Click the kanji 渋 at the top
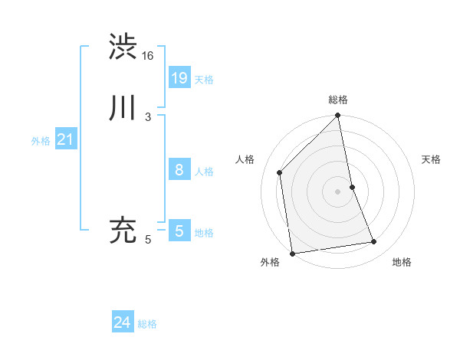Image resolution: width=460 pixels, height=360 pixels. (123, 46)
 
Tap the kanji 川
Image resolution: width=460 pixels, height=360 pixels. (123, 108)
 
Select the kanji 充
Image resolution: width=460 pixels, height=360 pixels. (123, 230)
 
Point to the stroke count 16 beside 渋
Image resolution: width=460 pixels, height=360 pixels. (148, 56)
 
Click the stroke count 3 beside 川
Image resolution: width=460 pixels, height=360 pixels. (147, 117)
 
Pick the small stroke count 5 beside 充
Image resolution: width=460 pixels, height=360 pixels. (148, 240)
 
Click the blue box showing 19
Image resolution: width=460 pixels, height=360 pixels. (179, 77)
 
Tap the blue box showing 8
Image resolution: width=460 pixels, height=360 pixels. (179, 170)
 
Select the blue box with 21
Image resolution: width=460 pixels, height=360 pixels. (65, 139)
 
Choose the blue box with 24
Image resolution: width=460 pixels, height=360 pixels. (123, 322)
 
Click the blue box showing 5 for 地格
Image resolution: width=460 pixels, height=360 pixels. (179, 231)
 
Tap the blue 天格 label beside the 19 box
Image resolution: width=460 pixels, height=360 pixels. (204, 80)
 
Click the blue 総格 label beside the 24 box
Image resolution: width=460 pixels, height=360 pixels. (147, 325)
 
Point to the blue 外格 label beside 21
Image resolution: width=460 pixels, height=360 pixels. (41, 141)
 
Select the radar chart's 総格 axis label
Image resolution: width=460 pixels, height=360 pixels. (338, 100)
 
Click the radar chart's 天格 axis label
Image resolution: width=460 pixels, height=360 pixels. (431, 159)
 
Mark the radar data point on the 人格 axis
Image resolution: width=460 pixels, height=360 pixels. (280, 172)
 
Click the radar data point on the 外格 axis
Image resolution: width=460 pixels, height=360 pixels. (292, 253)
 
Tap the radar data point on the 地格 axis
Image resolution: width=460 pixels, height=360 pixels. (374, 242)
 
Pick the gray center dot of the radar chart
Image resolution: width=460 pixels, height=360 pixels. (338, 191)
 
